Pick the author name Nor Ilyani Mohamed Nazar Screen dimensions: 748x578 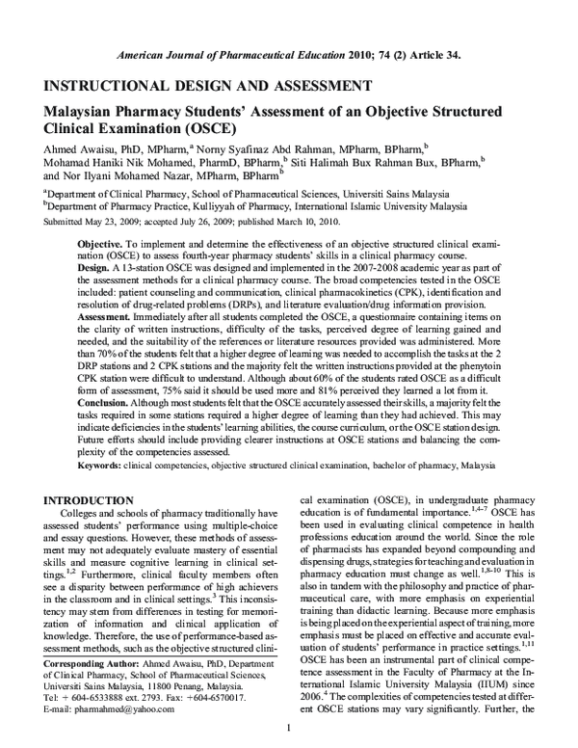(x=124, y=177)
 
